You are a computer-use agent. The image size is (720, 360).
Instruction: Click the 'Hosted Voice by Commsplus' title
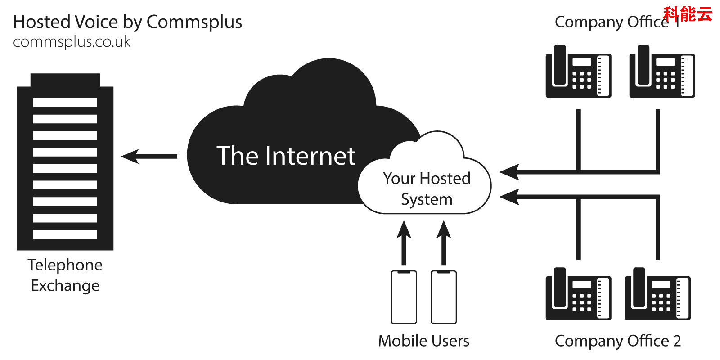(127, 22)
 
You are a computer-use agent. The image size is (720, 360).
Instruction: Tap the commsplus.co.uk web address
(72, 42)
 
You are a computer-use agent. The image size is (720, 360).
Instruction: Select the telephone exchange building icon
(65, 162)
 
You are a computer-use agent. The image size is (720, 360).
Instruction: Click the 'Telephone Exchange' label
(65, 275)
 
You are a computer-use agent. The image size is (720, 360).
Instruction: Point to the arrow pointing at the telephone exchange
(148, 157)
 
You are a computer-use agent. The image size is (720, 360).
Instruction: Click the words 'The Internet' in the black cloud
(286, 156)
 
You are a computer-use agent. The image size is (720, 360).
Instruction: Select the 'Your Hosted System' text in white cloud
(427, 189)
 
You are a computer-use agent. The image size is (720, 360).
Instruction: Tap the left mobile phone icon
(404, 297)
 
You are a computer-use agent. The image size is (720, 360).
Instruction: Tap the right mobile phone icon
(444, 297)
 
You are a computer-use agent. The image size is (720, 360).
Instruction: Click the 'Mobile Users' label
(423, 341)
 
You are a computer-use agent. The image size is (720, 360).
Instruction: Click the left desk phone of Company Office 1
(578, 72)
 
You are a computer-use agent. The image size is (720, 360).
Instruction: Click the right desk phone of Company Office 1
(662, 72)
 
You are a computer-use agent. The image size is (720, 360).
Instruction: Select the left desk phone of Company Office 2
(578, 294)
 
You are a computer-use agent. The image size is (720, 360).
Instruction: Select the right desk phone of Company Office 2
(657, 294)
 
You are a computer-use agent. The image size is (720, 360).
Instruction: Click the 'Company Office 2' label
(617, 341)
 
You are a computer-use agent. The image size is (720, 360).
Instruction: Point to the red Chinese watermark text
(688, 14)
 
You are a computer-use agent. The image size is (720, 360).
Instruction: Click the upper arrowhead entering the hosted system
(509, 172)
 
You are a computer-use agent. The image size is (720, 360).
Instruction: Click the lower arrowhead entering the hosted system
(509, 197)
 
